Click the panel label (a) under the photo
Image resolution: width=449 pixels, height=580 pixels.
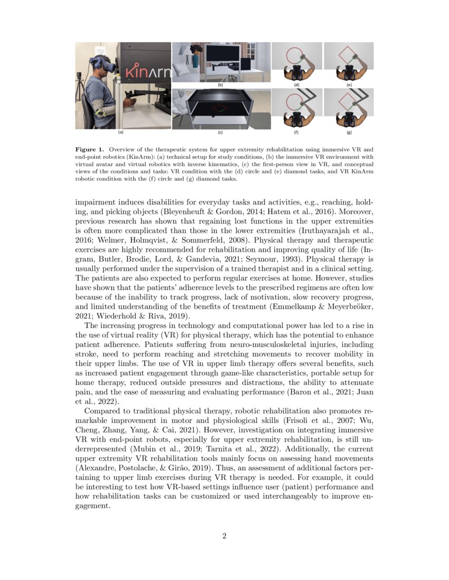tap(120, 133)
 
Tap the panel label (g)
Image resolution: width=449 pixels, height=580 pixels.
tap(349, 133)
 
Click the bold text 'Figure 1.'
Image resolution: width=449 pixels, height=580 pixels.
tap(89, 150)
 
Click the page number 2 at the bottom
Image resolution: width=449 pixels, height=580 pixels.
tap(224, 537)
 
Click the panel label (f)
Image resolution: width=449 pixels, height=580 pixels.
tap(296, 133)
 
